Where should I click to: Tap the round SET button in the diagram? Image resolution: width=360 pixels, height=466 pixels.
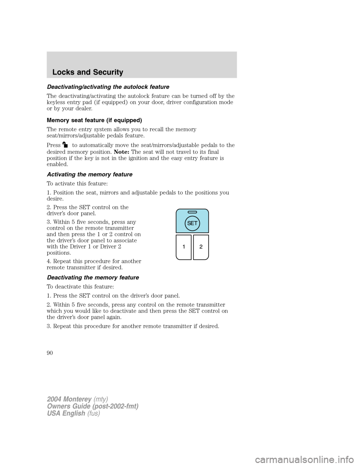[x=192, y=223]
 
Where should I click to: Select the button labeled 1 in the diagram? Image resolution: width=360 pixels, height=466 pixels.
[x=184, y=247]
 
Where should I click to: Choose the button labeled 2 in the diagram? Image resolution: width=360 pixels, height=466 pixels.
[x=201, y=247]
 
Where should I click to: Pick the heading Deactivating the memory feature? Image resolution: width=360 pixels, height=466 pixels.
[x=93, y=277]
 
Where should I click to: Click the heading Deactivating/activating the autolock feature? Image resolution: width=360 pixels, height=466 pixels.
[x=108, y=87]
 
